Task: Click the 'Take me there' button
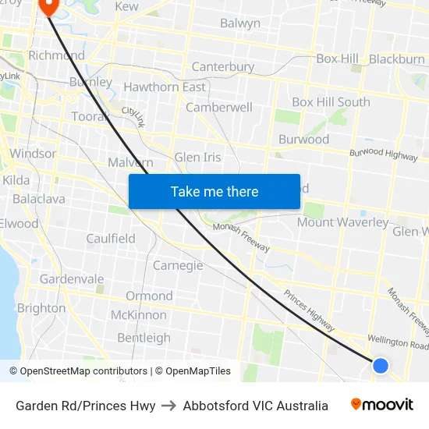point(214,191)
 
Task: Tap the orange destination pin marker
point(48,6)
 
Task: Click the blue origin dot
point(380,365)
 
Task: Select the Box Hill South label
point(331,102)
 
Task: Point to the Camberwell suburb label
point(218,107)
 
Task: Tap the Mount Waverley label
point(342,222)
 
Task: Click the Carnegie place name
point(178,265)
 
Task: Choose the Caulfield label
point(111,239)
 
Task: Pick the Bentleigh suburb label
point(144,338)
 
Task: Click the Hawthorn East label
point(165,87)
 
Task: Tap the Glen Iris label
point(197,157)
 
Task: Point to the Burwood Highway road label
point(383,154)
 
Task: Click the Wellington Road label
point(398,342)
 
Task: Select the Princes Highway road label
point(308,307)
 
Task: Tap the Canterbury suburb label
point(223,67)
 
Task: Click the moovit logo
point(382,405)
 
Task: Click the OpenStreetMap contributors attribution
point(83,371)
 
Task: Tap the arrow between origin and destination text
point(169,406)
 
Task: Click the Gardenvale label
point(72,278)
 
